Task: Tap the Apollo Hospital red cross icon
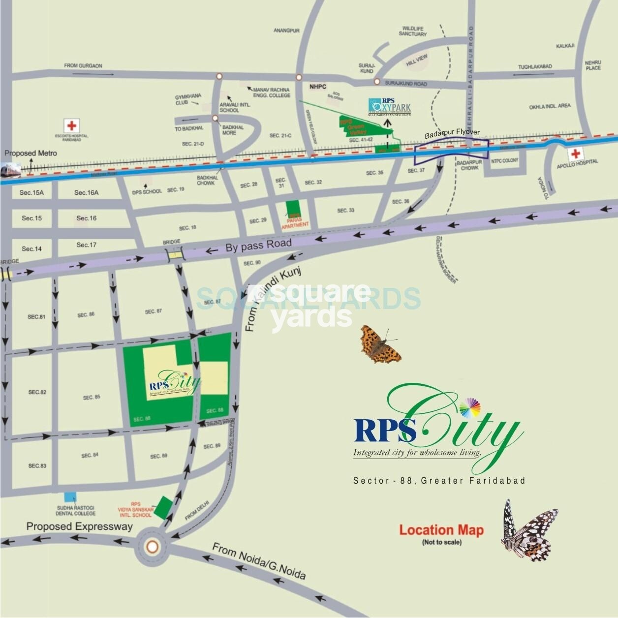(575, 154)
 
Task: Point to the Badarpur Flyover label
(452, 133)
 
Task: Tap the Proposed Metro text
(31, 153)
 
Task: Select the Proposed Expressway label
(80, 526)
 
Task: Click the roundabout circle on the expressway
(153, 547)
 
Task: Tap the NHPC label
(318, 87)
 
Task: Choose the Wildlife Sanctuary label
(413, 31)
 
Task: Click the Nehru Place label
(593, 65)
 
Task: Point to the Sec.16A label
(86, 192)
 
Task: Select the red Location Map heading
(441, 530)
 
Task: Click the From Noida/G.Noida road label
(259, 561)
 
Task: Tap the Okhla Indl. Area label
(550, 106)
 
